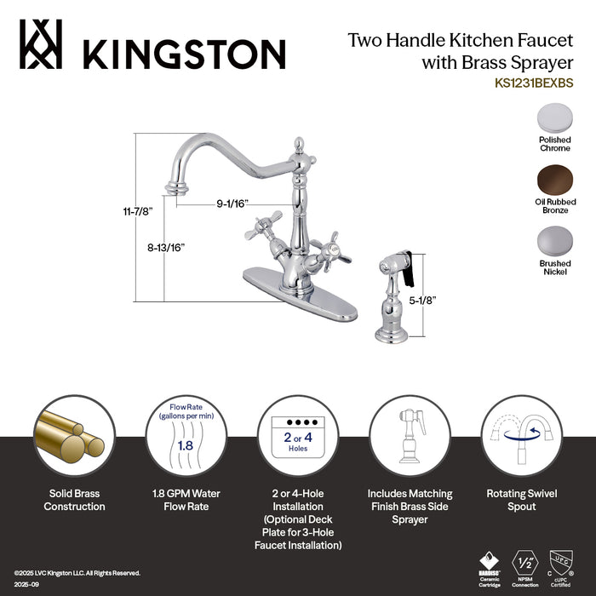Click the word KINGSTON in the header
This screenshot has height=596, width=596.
(x=184, y=54)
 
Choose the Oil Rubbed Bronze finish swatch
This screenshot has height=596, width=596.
(x=554, y=180)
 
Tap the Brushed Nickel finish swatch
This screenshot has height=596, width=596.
(x=554, y=242)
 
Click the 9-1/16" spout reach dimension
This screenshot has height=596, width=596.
(x=232, y=203)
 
